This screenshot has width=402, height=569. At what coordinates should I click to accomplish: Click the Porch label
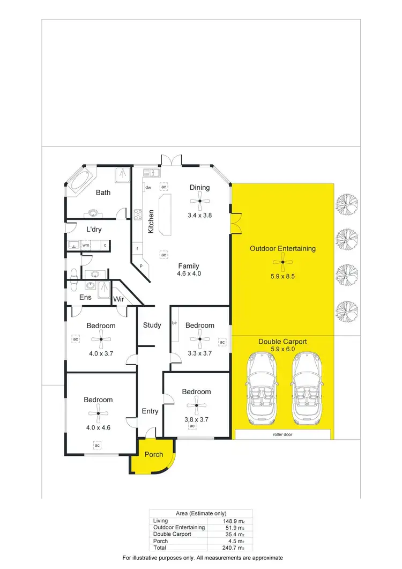tap(154, 455)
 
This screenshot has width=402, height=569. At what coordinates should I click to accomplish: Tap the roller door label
tap(282, 435)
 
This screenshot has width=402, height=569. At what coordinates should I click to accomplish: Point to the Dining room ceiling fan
tap(199, 202)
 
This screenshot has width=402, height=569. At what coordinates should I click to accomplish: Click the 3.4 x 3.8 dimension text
tap(199, 216)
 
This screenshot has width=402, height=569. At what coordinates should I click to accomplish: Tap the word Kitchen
tap(152, 220)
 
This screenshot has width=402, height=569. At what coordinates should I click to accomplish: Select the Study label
tap(152, 325)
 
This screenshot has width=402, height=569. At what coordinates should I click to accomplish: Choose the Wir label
tap(118, 298)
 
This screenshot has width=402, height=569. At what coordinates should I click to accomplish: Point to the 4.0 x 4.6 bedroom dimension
tap(98, 427)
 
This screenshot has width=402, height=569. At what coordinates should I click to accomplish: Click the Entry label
tap(150, 411)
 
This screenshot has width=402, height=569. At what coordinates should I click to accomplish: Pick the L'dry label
tap(94, 230)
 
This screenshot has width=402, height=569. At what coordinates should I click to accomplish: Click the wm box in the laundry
tap(85, 246)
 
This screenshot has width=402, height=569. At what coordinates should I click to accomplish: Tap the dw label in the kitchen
tap(148, 187)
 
